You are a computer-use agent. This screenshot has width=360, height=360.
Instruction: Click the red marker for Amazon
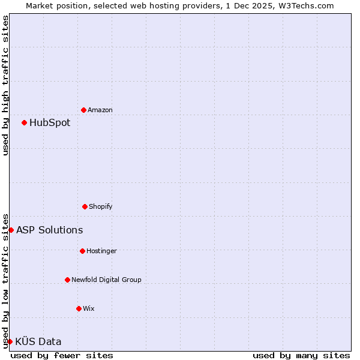(84, 110)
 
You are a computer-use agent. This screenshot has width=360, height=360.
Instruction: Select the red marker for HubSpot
(25, 122)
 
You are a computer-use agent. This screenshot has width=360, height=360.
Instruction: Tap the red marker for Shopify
(85, 206)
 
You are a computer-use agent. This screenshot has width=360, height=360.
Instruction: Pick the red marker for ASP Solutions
(11, 230)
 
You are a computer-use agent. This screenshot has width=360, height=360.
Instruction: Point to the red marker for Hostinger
(82, 251)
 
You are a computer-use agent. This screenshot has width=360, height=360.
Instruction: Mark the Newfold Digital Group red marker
(67, 280)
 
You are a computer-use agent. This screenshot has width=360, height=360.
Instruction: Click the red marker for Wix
(79, 308)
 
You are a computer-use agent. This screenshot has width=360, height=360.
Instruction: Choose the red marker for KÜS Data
(10, 341)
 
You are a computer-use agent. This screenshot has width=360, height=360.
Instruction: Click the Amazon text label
(100, 110)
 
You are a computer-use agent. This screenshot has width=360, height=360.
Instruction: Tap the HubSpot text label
(50, 122)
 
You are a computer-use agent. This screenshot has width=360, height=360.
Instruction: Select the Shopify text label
(101, 206)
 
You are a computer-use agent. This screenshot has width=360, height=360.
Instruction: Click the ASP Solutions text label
(50, 230)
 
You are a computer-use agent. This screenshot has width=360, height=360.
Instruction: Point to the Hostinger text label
(101, 251)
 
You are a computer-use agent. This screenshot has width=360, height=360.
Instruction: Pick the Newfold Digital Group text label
(106, 280)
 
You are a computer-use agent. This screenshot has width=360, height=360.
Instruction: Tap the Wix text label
(89, 308)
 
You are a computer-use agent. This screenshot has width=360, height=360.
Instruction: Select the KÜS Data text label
(38, 341)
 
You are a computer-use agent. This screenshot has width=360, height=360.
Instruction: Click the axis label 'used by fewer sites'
(62, 355)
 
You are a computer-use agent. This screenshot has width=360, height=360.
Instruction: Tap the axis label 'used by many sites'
(301, 355)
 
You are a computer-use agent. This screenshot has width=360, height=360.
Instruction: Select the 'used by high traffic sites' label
(5, 85)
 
